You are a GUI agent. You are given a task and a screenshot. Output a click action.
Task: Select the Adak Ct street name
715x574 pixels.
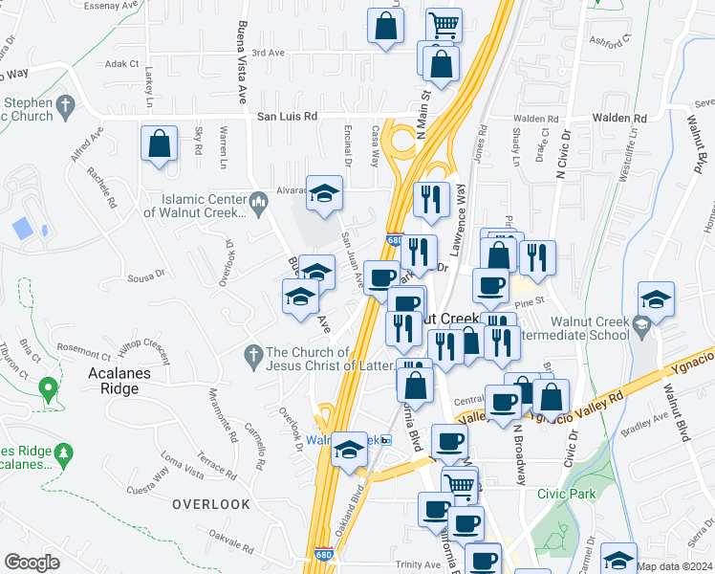(122, 64)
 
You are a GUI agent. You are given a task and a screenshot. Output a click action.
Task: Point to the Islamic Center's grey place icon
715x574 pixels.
(257, 201)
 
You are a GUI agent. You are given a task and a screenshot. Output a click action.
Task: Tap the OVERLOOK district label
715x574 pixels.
(211, 503)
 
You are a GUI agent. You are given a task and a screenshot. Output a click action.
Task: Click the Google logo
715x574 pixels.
(32, 563)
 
